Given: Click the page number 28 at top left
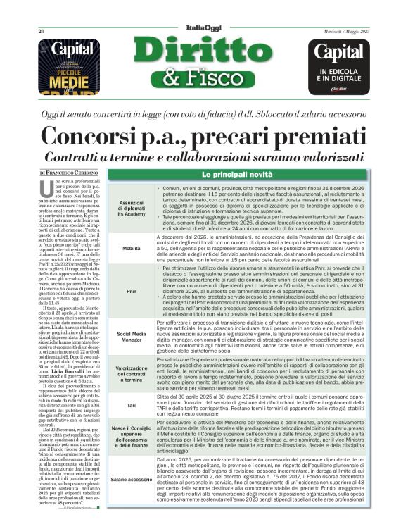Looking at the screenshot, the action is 41,31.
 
